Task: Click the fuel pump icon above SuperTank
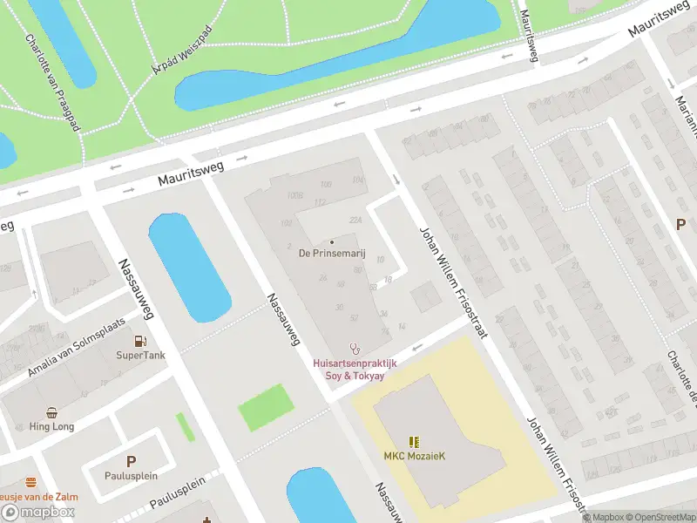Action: click(139, 341)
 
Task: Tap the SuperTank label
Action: click(139, 356)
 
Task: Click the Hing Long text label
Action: click(52, 427)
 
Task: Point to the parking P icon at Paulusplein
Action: click(132, 462)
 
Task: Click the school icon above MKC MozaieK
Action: click(414, 442)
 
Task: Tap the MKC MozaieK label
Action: click(414, 457)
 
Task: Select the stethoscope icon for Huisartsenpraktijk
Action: click(355, 348)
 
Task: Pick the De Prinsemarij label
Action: click(332, 255)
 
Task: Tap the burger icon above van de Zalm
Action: click(31, 482)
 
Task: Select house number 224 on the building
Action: click(355, 220)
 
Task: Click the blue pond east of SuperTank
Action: click(189, 266)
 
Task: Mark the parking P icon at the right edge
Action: click(680, 224)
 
